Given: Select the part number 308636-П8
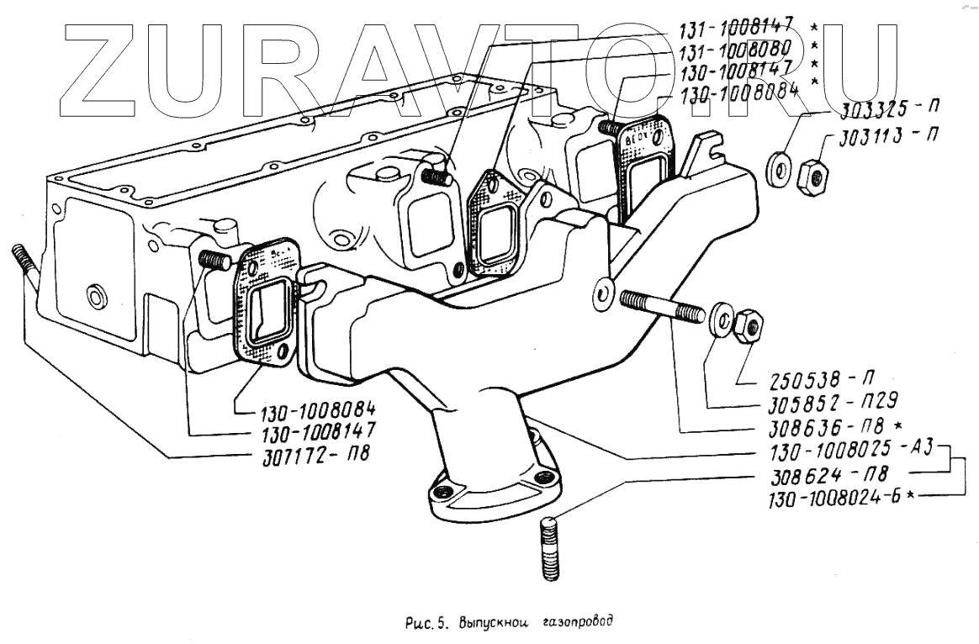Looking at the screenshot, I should coord(828,426).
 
